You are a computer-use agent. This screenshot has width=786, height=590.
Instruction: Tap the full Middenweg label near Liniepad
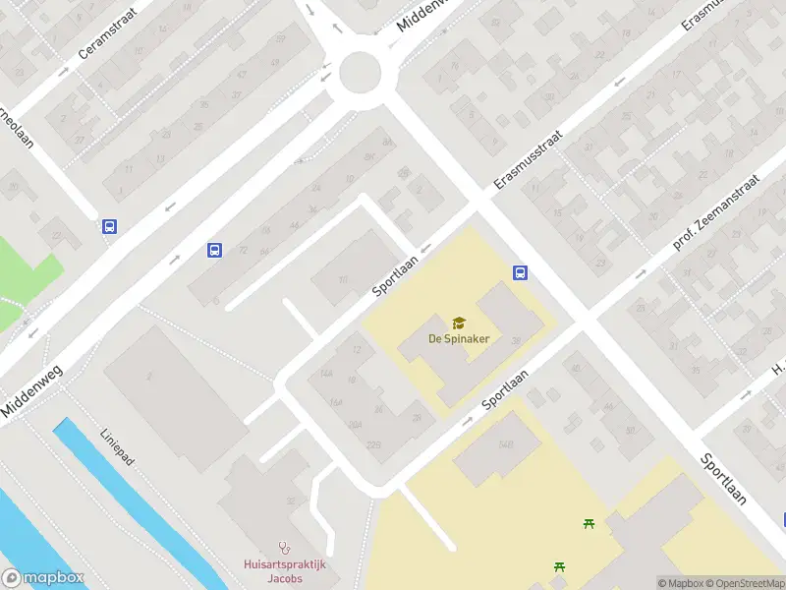coord(34,377)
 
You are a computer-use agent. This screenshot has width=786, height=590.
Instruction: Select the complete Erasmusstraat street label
coord(528,159)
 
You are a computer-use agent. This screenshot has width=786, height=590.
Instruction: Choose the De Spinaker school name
coord(458,338)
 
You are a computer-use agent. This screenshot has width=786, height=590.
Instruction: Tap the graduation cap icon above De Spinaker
coord(458,323)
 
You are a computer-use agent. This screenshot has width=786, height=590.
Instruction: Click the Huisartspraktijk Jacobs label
coord(285,571)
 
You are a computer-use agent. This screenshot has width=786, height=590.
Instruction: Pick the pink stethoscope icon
coord(286,547)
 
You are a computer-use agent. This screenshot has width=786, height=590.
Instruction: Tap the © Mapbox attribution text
coord(681,583)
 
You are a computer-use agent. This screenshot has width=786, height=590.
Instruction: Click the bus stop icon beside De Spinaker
coord(520,273)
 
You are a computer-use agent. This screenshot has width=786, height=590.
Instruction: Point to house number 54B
coord(506,444)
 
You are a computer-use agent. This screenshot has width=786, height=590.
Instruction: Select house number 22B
coord(373,444)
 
